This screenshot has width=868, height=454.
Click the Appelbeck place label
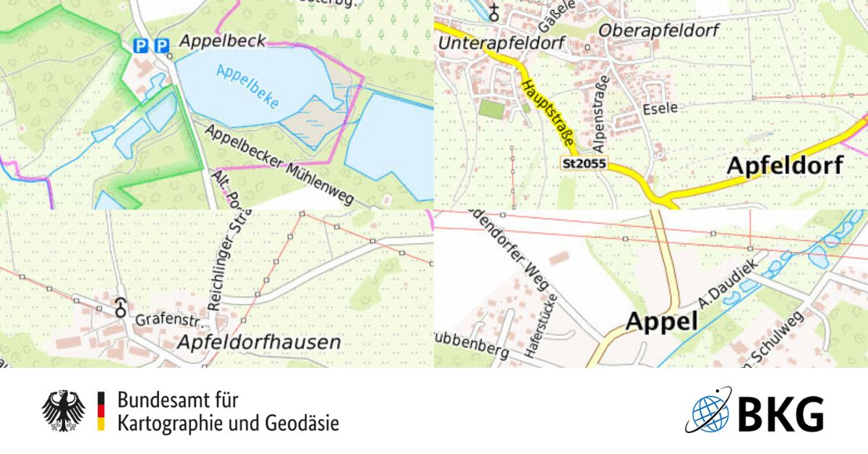(x=222, y=41)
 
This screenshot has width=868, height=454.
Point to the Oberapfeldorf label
(x=658, y=31)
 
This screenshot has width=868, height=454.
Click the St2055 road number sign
(x=583, y=164)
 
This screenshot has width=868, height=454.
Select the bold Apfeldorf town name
(x=784, y=166)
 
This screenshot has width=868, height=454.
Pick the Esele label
(x=660, y=108)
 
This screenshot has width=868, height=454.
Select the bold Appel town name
(x=661, y=321)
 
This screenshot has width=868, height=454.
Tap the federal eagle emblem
(x=64, y=411)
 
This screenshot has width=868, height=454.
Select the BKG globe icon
(x=707, y=411)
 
